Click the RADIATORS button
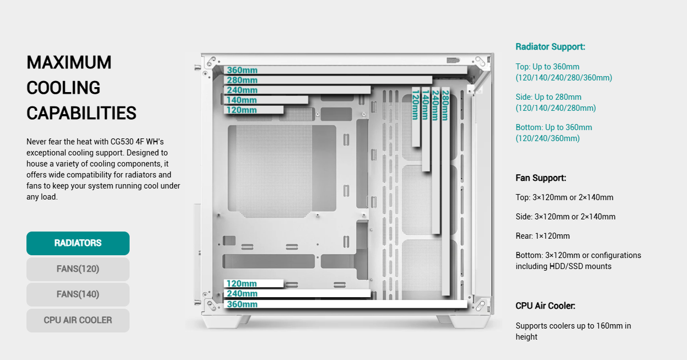(78, 243)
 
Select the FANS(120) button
(78, 269)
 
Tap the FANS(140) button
(78, 294)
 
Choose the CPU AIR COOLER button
(78, 320)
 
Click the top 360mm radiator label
(242, 71)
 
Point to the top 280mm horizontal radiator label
(242, 80)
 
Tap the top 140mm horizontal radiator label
(242, 100)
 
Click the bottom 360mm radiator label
(242, 304)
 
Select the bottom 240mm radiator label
(242, 294)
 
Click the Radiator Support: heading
(550, 47)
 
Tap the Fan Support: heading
(541, 178)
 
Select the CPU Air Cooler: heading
(545, 306)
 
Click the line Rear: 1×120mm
(543, 236)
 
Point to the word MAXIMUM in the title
(69, 62)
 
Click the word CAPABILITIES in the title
(81, 113)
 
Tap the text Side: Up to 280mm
(548, 97)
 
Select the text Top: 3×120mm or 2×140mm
(564, 197)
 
